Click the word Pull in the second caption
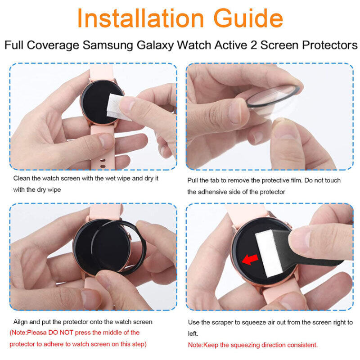click(x=193, y=180)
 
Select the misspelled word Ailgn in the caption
click(x=21, y=322)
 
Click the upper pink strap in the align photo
click(x=106, y=211)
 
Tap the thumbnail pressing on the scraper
click(x=301, y=238)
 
